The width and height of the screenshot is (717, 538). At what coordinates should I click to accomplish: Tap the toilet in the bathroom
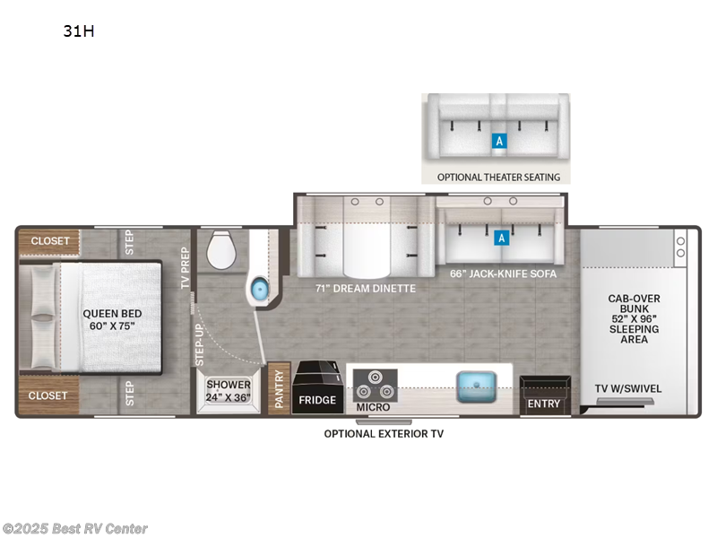tap(219, 250)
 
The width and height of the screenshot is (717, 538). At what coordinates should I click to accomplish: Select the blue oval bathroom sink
tap(259, 289)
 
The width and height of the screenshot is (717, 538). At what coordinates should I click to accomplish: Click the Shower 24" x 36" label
tap(229, 390)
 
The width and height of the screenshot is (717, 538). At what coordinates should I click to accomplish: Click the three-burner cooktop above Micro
tap(373, 383)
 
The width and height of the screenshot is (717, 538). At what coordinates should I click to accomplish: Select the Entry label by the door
tap(543, 403)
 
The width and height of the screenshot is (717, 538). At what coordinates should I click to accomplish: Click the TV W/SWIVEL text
tap(626, 388)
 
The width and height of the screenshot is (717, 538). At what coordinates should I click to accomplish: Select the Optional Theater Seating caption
tap(498, 177)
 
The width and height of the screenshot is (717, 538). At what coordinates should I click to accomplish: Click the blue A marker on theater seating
tap(499, 141)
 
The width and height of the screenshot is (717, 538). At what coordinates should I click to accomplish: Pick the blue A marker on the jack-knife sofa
tap(502, 238)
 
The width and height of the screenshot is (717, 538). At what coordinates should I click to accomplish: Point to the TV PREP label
tap(186, 268)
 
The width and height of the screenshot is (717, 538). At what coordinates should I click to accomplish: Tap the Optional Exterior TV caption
tap(384, 433)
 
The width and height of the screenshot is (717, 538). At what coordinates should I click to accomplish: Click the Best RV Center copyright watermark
tap(75, 529)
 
